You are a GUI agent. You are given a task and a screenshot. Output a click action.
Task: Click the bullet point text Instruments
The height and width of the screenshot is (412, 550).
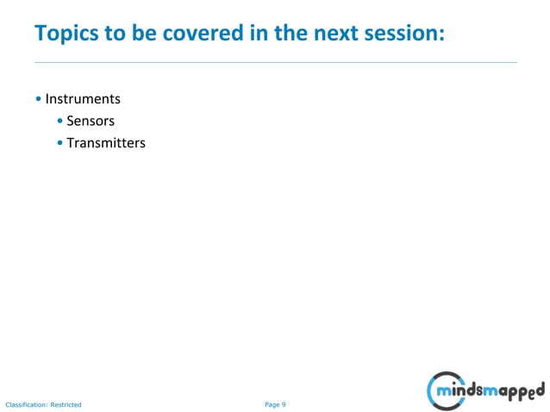click(x=83, y=99)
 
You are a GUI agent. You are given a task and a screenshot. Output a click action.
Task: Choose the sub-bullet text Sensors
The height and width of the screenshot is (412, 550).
click(x=91, y=121)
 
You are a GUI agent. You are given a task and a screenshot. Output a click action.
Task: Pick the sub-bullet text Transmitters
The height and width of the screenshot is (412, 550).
click(x=106, y=142)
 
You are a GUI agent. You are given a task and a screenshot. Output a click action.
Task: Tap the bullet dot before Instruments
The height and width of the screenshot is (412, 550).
click(x=40, y=100)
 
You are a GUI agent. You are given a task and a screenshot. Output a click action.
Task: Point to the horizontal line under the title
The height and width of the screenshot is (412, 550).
click(x=275, y=62)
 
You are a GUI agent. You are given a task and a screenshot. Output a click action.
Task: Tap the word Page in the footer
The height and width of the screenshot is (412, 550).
click(x=272, y=403)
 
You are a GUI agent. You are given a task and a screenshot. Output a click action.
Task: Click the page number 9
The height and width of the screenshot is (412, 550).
click(x=284, y=403)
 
